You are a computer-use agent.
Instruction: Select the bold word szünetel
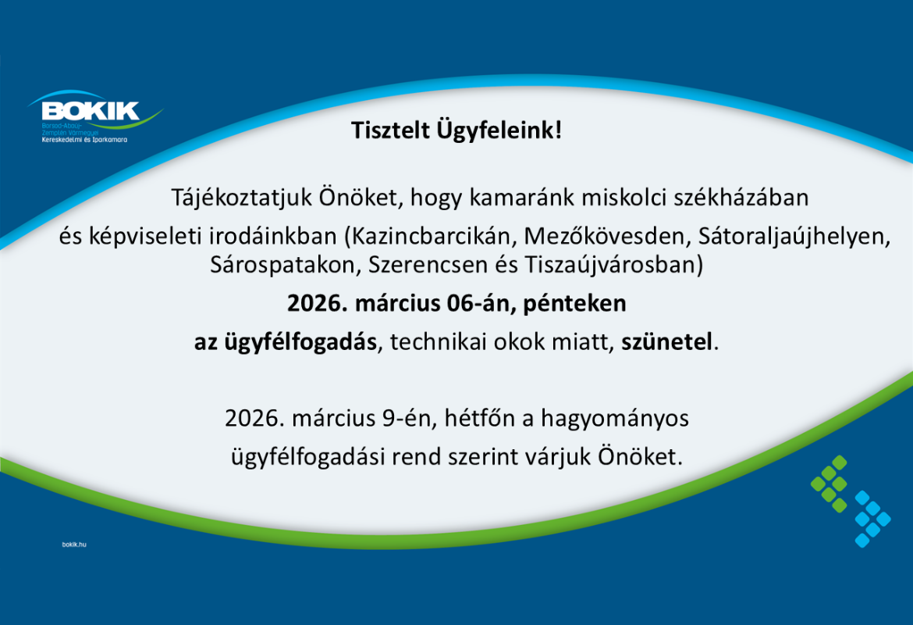tap(667, 342)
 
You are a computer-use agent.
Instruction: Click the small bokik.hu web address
tap(73, 542)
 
